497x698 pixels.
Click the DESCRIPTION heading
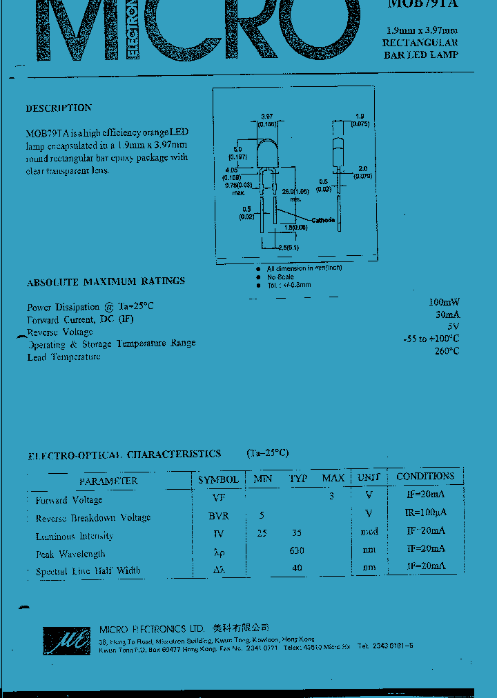59,108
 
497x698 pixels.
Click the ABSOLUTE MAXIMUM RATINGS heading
106,281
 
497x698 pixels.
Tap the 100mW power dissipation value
444,302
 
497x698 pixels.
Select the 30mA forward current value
447,314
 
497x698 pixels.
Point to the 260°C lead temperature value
447,351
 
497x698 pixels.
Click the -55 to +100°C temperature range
431,339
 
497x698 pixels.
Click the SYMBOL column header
218,479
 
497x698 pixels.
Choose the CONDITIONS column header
425,476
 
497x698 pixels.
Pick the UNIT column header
369,477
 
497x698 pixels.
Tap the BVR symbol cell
219,516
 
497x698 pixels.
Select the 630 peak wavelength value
297,551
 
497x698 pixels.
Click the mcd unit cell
369,532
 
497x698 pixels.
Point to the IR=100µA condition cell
425,512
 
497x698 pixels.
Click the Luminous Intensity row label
75,536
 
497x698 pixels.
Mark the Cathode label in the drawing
323,220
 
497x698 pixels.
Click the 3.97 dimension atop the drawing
267,117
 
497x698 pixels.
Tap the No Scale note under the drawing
280,277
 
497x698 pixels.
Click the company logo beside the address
67,641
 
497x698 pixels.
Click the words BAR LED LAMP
420,55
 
